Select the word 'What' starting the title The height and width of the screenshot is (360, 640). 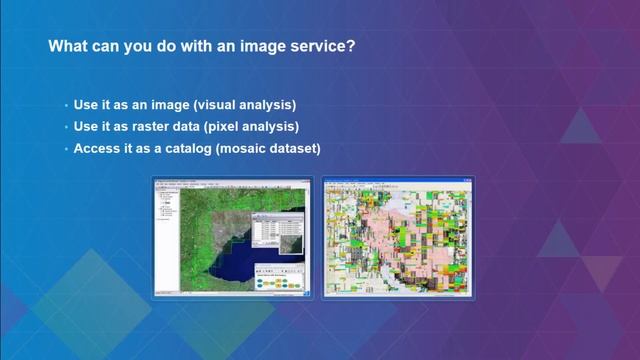(70, 46)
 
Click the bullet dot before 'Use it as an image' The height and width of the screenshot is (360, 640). (65, 105)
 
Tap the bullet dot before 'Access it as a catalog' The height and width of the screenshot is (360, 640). (65, 149)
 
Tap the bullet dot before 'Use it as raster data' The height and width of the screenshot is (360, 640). (65, 127)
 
